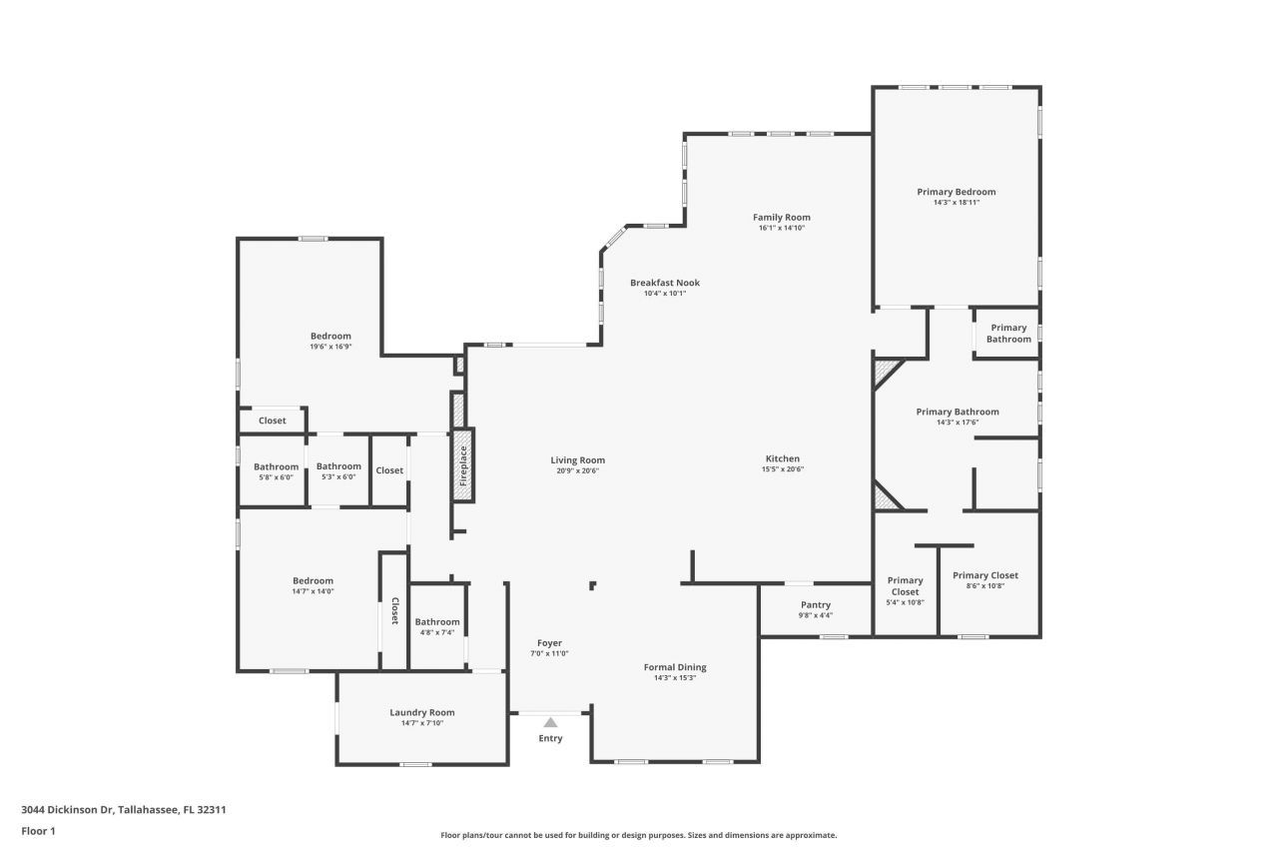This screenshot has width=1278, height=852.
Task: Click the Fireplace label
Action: pyautogui.click(x=463, y=465)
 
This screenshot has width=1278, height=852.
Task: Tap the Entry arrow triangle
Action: pyautogui.click(x=550, y=722)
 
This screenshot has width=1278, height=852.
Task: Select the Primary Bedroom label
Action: pyautogui.click(x=956, y=192)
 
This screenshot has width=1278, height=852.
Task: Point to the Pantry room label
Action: pyautogui.click(x=815, y=605)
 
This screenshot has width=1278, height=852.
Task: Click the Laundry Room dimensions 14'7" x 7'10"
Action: pyautogui.click(x=421, y=723)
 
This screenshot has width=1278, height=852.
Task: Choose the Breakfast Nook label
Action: pyautogui.click(x=664, y=283)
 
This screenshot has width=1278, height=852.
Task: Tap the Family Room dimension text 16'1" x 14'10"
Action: pyautogui.click(x=781, y=228)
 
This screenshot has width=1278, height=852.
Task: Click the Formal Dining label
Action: pyautogui.click(x=674, y=667)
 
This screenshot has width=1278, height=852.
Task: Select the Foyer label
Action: pyautogui.click(x=549, y=643)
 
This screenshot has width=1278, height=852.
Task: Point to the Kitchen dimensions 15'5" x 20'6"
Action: pyautogui.click(x=783, y=469)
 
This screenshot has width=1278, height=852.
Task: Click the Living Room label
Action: pyautogui.click(x=577, y=460)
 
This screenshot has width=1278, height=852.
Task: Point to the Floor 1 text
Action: pyautogui.click(x=38, y=831)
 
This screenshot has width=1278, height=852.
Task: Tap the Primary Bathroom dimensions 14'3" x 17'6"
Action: pyautogui.click(x=957, y=423)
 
